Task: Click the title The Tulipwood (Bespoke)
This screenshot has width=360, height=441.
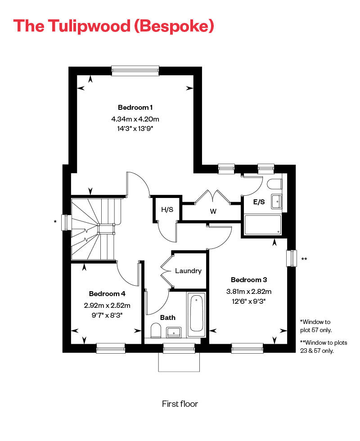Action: pyautogui.click(x=113, y=26)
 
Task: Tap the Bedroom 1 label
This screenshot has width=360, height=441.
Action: pyautogui.click(x=135, y=108)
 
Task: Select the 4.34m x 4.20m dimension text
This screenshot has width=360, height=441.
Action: pyautogui.click(x=135, y=119)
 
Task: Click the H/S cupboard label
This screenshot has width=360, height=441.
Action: pyautogui.click(x=166, y=209)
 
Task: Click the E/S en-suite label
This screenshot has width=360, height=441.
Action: pyautogui.click(x=259, y=202)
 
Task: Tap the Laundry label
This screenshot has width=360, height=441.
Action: pyautogui.click(x=188, y=271)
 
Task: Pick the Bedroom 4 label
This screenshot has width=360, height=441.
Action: pyautogui.click(x=107, y=294)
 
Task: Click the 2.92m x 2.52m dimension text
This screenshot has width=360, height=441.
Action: pyautogui.click(x=107, y=305)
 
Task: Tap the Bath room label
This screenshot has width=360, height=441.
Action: pyautogui.click(x=168, y=318)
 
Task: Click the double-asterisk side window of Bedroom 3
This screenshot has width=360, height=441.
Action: pyautogui.click(x=292, y=259)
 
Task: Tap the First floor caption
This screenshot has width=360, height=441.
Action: pyautogui.click(x=180, y=404)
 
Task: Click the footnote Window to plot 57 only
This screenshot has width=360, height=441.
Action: pyautogui.click(x=316, y=326)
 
